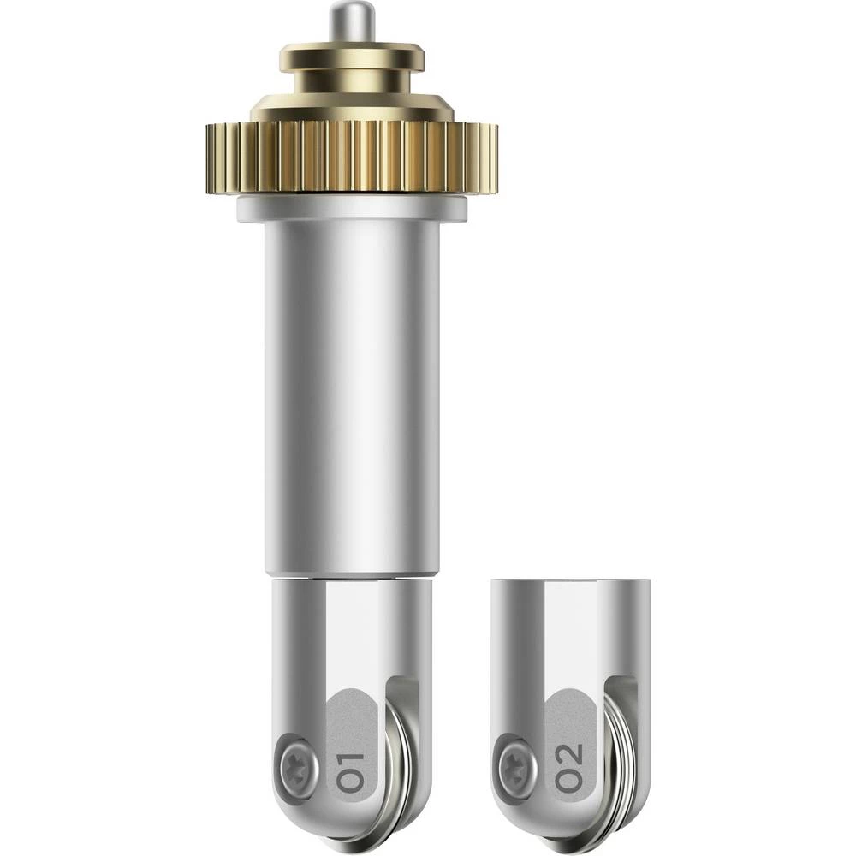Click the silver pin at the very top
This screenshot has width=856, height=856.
(352, 22)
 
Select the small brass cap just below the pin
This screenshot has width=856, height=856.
(352, 56)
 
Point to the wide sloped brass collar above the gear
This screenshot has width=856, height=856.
(352, 108)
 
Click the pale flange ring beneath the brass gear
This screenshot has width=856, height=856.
(352, 208)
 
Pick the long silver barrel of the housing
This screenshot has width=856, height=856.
(352, 394)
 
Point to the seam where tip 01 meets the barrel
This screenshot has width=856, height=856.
(352, 577)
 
